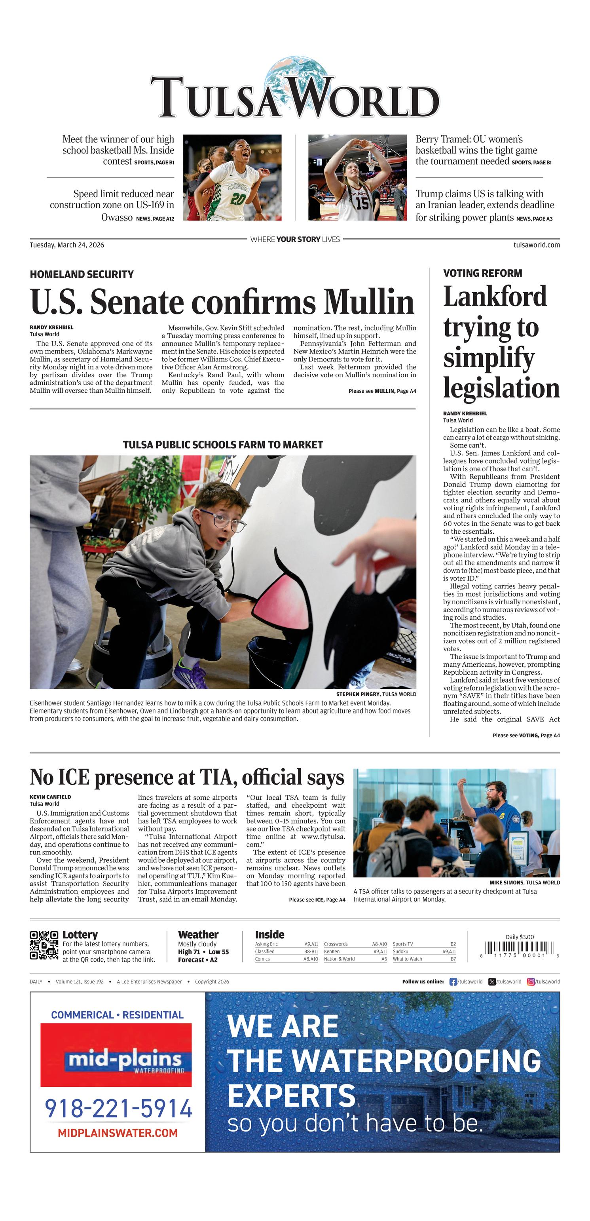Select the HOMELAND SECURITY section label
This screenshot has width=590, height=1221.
click(x=82, y=274)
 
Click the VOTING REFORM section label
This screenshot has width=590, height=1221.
click(x=482, y=274)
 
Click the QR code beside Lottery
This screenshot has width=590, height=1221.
click(x=44, y=945)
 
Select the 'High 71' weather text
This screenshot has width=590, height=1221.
click(x=189, y=952)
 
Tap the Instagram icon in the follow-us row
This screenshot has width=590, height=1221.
click(x=531, y=981)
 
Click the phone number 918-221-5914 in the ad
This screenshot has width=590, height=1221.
click(x=118, y=1109)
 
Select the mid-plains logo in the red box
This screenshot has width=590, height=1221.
click(x=124, y=1060)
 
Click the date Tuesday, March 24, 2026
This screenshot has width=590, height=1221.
click(x=67, y=245)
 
